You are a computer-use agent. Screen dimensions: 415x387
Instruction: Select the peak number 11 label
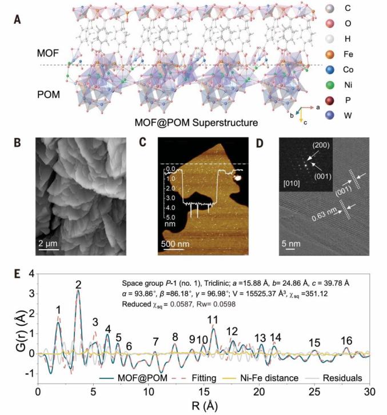(213, 319)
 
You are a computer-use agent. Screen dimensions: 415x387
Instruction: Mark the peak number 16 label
(346, 341)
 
